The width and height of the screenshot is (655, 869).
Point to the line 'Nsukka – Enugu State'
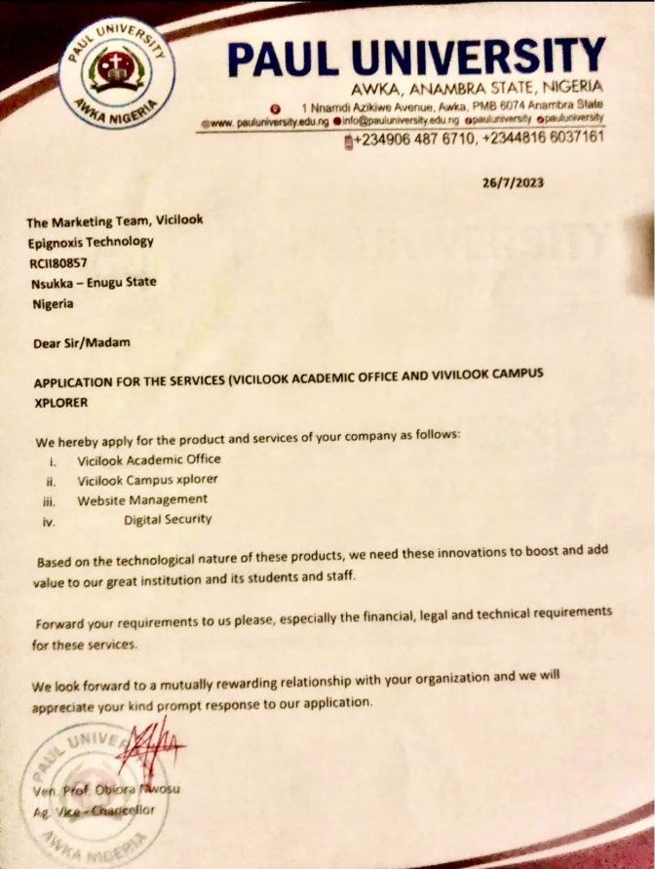[x=93, y=282]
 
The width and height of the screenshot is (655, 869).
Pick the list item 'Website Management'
[x=142, y=499]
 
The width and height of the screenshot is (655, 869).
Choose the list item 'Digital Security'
[x=168, y=519]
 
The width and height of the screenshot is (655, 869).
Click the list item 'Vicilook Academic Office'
[x=149, y=458]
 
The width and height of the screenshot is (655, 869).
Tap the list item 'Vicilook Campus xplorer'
[x=147, y=479]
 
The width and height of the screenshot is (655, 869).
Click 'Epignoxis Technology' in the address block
[x=91, y=242]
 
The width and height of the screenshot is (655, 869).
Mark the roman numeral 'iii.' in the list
[x=50, y=500]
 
